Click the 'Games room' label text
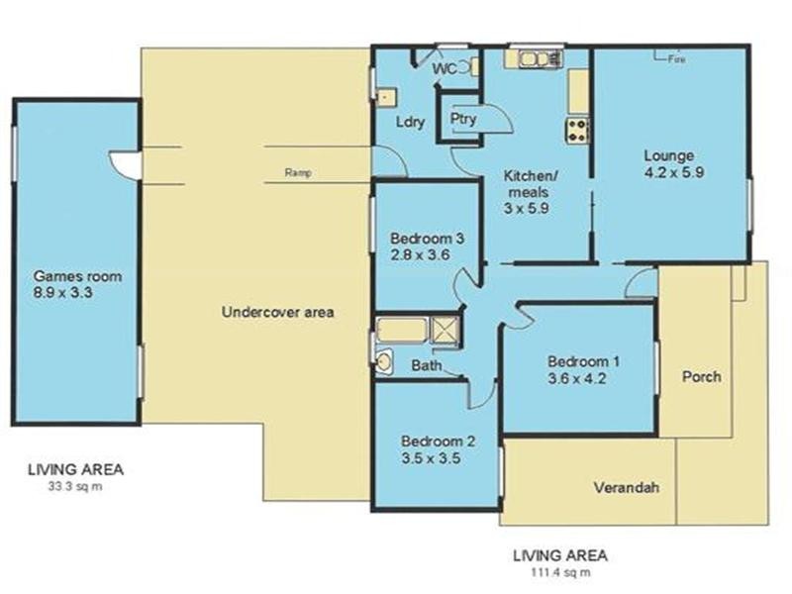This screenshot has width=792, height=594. tap(77, 276)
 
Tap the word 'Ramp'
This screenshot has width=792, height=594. tap(298, 172)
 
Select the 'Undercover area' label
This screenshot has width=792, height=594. tap(277, 312)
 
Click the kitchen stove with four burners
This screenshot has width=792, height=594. tap(576, 130)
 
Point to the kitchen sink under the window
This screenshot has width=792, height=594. tap(535, 59)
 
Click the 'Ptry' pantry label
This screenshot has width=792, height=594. tap(462, 119)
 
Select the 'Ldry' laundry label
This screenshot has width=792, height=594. tap(410, 123)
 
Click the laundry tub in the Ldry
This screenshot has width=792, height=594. tap(386, 97)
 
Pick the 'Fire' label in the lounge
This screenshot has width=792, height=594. tap(677, 60)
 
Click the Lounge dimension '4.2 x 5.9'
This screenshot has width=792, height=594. tap(670, 171)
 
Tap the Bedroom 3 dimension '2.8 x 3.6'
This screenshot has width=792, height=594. tap(421, 254)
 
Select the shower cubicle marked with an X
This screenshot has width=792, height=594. tap(446, 331)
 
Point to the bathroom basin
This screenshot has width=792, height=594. tap(384, 361)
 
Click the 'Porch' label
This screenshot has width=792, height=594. tap(702, 377)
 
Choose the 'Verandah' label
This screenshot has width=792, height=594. tap(627, 488)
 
